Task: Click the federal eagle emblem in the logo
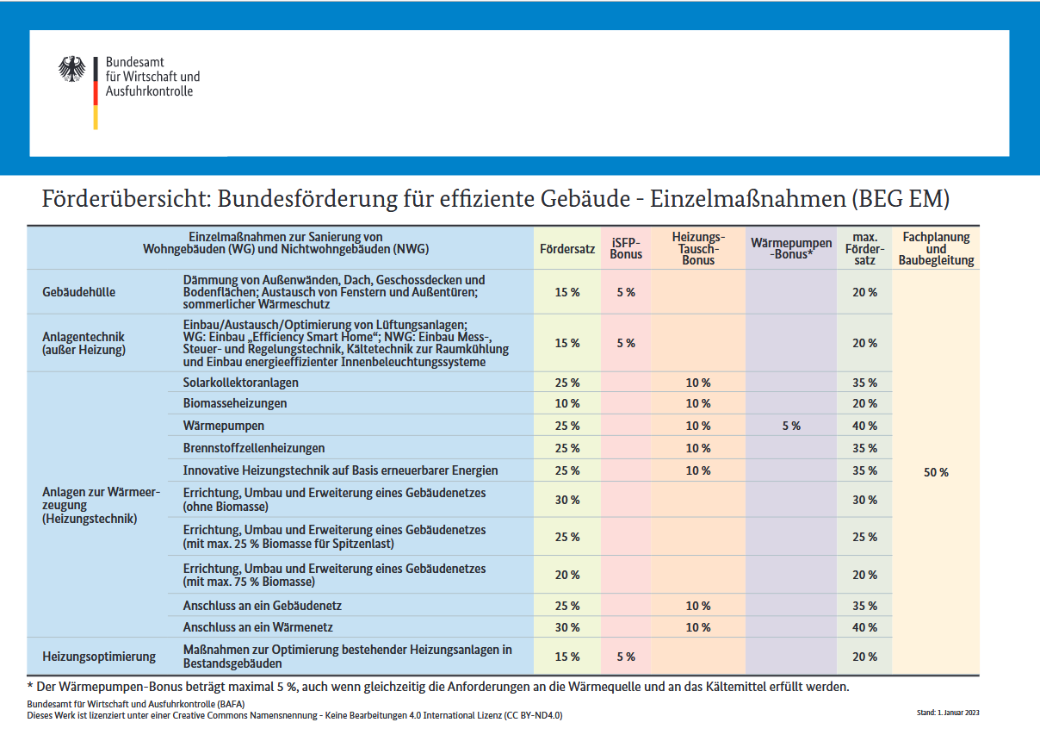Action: (x=72, y=69)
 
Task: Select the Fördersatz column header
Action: (x=566, y=249)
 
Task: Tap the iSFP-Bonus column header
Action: (x=626, y=248)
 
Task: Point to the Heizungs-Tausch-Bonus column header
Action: (x=698, y=248)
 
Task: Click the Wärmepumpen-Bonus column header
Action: (x=791, y=248)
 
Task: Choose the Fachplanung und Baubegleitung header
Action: (x=936, y=248)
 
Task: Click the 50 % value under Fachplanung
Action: (x=936, y=472)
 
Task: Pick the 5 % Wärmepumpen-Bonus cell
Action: (x=791, y=426)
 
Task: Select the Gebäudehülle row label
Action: (x=78, y=292)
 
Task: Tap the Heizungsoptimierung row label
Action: (x=99, y=657)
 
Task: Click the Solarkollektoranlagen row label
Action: (x=240, y=383)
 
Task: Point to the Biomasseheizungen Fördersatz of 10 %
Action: (x=566, y=403)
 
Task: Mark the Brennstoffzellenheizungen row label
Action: (x=253, y=448)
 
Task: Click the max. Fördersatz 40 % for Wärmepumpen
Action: (x=864, y=426)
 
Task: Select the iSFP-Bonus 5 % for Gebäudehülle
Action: (x=626, y=292)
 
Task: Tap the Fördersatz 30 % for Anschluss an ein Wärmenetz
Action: (x=566, y=627)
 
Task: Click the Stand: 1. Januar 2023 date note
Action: (x=948, y=713)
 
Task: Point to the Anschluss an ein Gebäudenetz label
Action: (x=262, y=606)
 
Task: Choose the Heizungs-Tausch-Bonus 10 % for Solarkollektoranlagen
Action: (x=698, y=383)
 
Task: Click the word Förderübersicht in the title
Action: (x=127, y=199)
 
